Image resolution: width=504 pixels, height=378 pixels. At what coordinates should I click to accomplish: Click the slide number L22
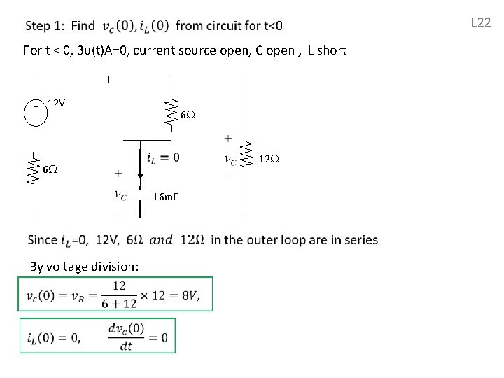click(481, 22)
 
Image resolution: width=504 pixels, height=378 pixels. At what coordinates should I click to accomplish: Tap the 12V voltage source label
click(56, 104)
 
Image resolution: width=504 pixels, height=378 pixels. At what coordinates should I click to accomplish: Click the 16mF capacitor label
click(166, 197)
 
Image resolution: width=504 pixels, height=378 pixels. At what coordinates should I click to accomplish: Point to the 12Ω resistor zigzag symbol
click(246, 156)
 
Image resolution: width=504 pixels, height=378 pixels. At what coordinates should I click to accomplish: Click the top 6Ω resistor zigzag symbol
click(169, 112)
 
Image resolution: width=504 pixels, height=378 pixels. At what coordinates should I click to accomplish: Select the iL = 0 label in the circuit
click(163, 157)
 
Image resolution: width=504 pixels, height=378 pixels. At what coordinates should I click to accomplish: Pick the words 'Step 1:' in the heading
click(45, 27)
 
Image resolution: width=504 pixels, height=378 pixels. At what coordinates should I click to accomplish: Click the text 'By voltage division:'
click(84, 266)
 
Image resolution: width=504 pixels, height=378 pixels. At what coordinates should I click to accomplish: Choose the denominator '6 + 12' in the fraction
click(119, 304)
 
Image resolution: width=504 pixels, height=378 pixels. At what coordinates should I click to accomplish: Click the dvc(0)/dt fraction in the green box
click(127, 337)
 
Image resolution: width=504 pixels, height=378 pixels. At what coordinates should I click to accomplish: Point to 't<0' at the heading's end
click(270, 27)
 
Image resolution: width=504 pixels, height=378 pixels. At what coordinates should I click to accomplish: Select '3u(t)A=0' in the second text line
click(103, 50)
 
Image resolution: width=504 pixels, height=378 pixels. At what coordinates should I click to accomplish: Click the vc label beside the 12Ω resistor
click(230, 159)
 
